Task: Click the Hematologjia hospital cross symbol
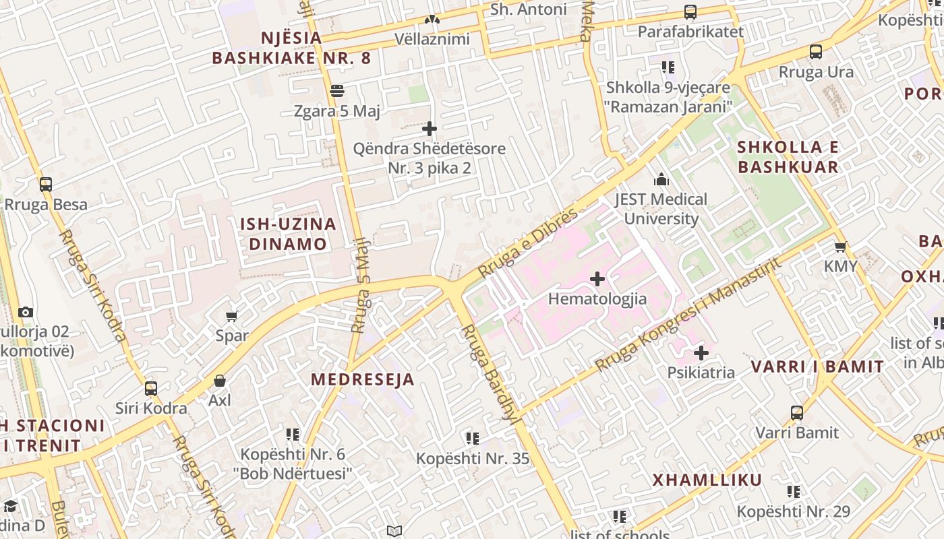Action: (597, 278)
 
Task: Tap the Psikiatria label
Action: (701, 373)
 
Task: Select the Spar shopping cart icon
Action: (232, 315)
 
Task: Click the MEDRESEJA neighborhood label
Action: (362, 379)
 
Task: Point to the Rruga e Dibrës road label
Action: (527, 243)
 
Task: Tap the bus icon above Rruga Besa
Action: (46, 184)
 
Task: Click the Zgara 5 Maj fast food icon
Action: (337, 90)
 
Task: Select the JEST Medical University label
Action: (660, 209)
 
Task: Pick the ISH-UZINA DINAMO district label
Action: (288, 234)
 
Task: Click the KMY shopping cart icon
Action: (840, 247)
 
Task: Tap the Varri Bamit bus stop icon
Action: (797, 412)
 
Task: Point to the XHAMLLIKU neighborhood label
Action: (707, 480)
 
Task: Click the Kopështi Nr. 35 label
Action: (472, 459)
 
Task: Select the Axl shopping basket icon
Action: (219, 381)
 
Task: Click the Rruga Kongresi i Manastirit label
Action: (688, 315)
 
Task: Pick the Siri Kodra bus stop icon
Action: (151, 388)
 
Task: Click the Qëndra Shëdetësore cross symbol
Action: (430, 128)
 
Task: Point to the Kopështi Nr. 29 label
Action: (793, 511)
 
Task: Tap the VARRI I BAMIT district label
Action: (817, 367)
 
